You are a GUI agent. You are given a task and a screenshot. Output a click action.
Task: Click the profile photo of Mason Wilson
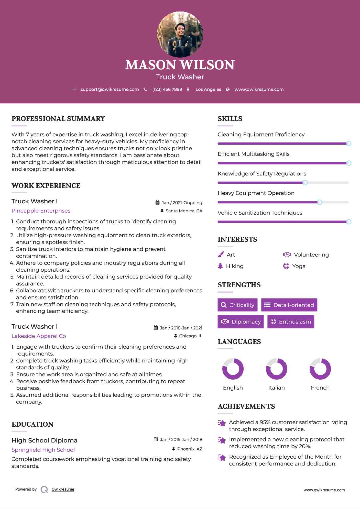(x=180, y=34)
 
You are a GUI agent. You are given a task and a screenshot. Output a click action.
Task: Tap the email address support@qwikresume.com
(x=110, y=89)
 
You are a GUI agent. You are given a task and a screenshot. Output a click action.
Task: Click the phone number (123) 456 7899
(x=167, y=89)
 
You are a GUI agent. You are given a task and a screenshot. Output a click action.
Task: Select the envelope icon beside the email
(x=74, y=89)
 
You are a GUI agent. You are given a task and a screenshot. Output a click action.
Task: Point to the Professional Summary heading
(x=58, y=119)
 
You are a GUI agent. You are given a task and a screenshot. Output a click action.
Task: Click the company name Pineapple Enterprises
(x=41, y=211)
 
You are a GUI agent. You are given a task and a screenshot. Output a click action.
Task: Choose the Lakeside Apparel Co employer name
(x=39, y=336)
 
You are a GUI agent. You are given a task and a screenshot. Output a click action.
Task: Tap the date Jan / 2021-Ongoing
(x=182, y=203)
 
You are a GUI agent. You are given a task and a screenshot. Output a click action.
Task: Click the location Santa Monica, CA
(x=184, y=211)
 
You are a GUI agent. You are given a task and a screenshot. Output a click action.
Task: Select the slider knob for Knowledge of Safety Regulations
(x=305, y=183)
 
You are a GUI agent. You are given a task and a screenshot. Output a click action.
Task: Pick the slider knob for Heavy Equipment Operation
(x=319, y=202)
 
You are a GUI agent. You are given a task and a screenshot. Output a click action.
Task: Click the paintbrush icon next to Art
(x=221, y=254)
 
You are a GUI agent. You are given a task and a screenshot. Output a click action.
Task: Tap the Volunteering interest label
(x=311, y=254)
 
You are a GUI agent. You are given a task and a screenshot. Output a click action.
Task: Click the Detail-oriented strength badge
(x=289, y=305)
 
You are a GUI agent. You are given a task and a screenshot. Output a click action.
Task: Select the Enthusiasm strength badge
(x=291, y=322)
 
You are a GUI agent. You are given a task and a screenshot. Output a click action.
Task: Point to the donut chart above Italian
(x=277, y=369)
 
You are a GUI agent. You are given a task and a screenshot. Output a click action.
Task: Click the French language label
(x=320, y=388)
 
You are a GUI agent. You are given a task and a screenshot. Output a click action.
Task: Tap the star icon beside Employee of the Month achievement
(x=222, y=458)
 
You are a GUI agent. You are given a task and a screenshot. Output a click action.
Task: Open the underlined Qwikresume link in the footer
(x=63, y=489)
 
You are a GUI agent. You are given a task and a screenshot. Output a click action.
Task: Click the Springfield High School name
(x=43, y=450)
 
